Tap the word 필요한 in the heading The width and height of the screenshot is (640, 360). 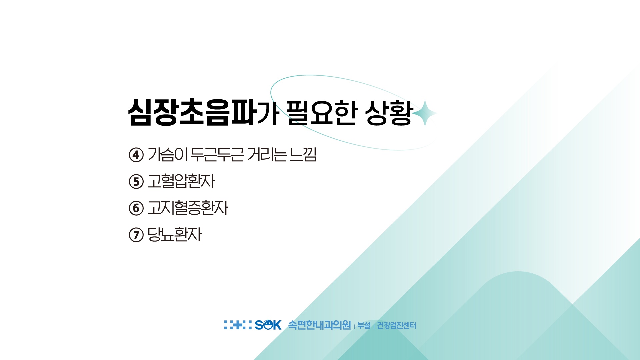pyautogui.click(x=322, y=112)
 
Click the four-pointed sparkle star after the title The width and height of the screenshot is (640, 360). pyautogui.click(x=425, y=113)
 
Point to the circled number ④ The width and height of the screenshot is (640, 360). pyautogui.click(x=136, y=155)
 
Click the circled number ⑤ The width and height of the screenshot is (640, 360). pyautogui.click(x=136, y=182)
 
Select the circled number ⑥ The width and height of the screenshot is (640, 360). pyautogui.click(x=136, y=208)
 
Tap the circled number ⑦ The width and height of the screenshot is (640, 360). pyautogui.click(x=136, y=235)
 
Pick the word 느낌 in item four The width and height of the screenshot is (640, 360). pyautogui.click(x=303, y=154)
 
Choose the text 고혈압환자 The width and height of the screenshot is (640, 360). pyautogui.click(x=181, y=181)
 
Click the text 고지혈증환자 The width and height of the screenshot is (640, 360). pyautogui.click(x=188, y=208)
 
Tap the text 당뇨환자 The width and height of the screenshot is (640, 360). pyautogui.click(x=174, y=235)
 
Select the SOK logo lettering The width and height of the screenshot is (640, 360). pyautogui.click(x=268, y=325)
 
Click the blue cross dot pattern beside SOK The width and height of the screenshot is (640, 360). pyautogui.click(x=238, y=325)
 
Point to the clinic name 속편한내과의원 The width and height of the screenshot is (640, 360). pyautogui.click(x=319, y=325)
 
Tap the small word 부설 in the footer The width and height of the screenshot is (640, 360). pyautogui.click(x=364, y=325)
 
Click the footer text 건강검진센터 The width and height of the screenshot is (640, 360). pyautogui.click(x=396, y=325)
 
